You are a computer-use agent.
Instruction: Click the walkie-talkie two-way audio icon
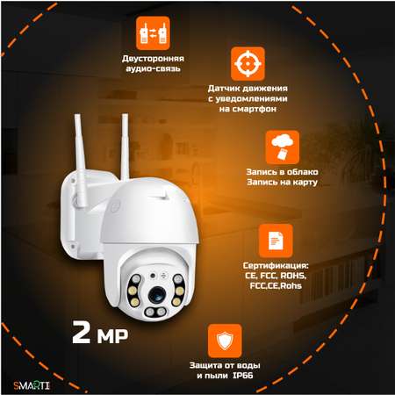pos(153,33)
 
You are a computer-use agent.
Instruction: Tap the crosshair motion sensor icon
pos(248,63)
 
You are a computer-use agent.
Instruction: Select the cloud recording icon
pos(283,147)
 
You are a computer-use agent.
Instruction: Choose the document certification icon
pos(276,241)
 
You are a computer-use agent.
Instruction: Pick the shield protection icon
pos(225,341)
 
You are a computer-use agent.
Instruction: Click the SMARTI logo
pos(32,385)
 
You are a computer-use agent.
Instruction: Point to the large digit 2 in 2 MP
pos(81,332)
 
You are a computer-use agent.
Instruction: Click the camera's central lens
pos(157,295)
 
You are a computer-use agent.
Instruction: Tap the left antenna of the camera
pos(80,161)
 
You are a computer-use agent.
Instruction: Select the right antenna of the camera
pos(125,147)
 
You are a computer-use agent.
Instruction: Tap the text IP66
pos(243,376)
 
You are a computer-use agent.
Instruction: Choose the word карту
pos(305,183)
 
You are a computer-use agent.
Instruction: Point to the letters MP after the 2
pos(112,335)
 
